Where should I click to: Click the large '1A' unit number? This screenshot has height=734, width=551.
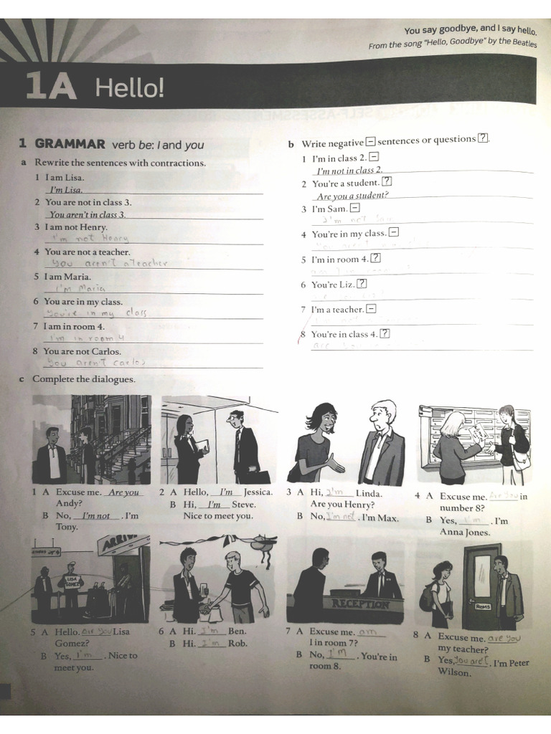50,87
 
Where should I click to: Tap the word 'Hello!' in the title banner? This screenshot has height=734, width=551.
130,88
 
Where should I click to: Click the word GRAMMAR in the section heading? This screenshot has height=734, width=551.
70,144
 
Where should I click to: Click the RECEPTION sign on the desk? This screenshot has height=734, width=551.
359,604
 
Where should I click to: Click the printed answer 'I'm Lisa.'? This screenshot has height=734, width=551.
66,190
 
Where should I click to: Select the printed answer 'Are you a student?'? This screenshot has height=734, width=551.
352,196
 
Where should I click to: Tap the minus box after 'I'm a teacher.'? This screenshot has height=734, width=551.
371,309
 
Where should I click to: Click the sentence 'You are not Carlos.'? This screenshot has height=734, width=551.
82,351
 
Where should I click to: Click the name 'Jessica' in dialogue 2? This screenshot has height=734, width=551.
258,492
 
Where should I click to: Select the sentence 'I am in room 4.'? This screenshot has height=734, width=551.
74,326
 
